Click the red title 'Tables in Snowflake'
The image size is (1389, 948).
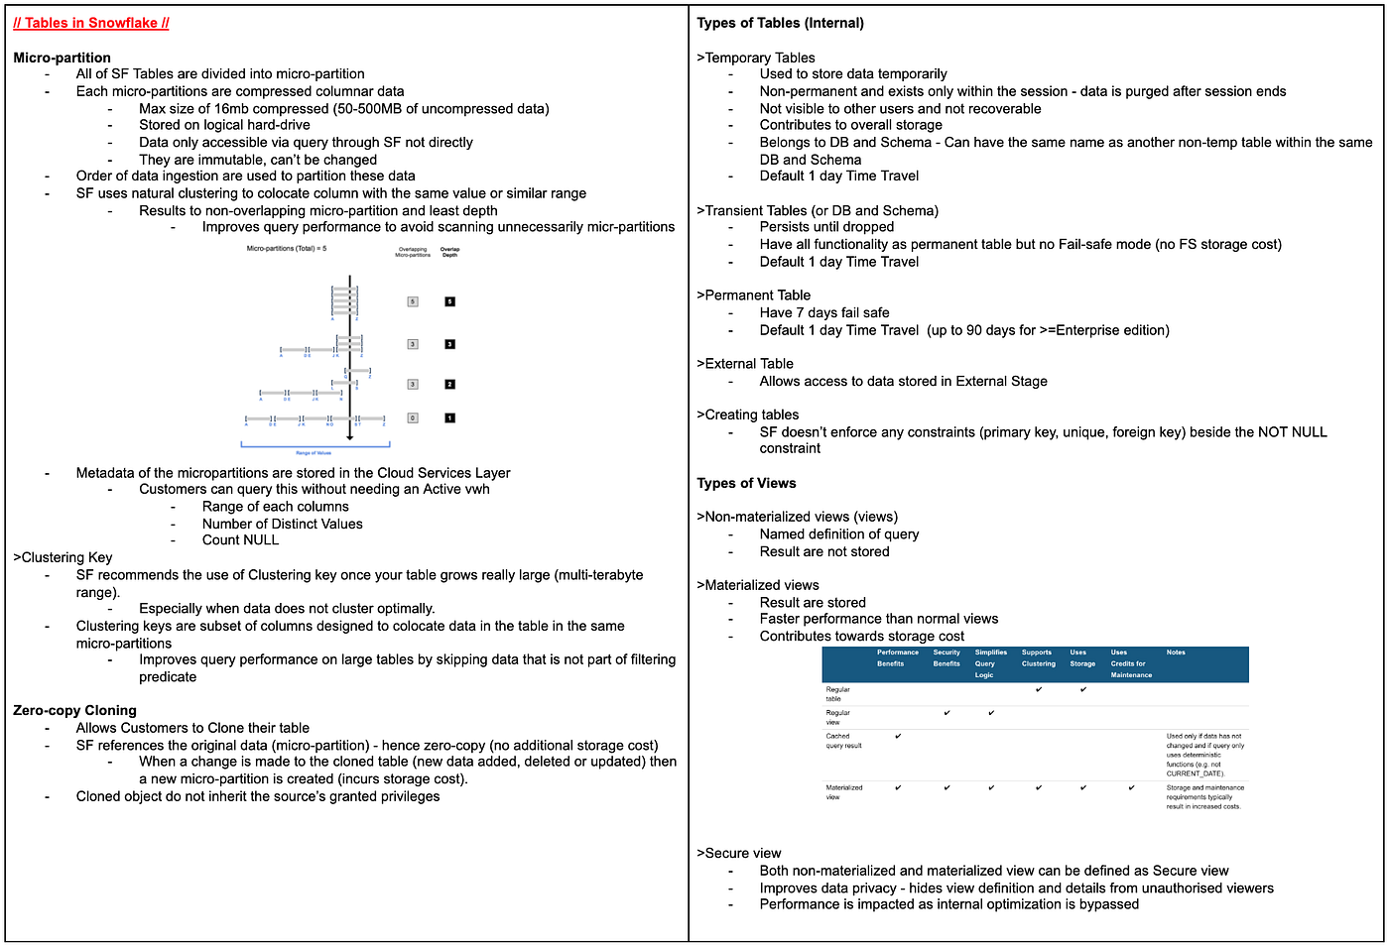pyautogui.click(x=91, y=23)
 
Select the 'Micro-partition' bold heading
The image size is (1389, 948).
pyautogui.click(x=62, y=58)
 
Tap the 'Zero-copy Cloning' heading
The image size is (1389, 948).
pyautogui.click(x=74, y=710)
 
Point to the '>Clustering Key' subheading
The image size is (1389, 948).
pyautogui.click(x=63, y=557)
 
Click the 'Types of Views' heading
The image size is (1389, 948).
pyautogui.click(x=746, y=483)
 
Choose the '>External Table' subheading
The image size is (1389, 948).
pyautogui.click(x=744, y=364)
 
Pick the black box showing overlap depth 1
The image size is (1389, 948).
pyautogui.click(x=449, y=418)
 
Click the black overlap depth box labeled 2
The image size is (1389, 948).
pyautogui.click(x=449, y=384)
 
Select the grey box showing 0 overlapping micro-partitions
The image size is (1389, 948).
pyautogui.click(x=413, y=418)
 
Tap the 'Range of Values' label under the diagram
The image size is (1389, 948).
pyautogui.click(x=314, y=453)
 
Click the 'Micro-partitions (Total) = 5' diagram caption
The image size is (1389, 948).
pyautogui.click(x=287, y=249)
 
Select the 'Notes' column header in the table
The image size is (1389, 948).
pyautogui.click(x=1176, y=652)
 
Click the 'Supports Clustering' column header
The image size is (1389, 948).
pyautogui.click(x=1038, y=658)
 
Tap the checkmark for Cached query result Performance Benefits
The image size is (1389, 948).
pyautogui.click(x=898, y=736)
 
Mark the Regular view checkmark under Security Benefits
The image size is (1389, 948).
pyautogui.click(x=947, y=713)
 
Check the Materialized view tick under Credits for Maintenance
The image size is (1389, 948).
pyautogui.click(x=1131, y=788)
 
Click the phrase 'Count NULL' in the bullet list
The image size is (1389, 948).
pyautogui.click(x=240, y=540)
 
